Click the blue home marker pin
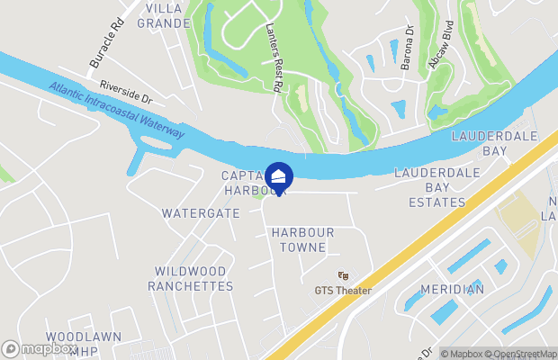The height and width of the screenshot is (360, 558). point(279,176)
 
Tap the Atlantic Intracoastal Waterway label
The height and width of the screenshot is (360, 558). point(117,111)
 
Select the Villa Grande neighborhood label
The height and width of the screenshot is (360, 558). point(163,15)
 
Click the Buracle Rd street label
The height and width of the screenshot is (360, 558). point(105,48)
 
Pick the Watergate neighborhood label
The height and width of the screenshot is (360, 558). point(201,214)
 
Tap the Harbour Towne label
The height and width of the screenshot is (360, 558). point(302,239)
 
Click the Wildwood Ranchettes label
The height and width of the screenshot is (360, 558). point(193,278)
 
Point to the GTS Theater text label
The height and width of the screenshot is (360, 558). point(343,290)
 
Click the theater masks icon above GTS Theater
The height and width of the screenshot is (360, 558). point(343,275)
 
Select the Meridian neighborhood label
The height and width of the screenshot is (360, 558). point(451,289)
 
